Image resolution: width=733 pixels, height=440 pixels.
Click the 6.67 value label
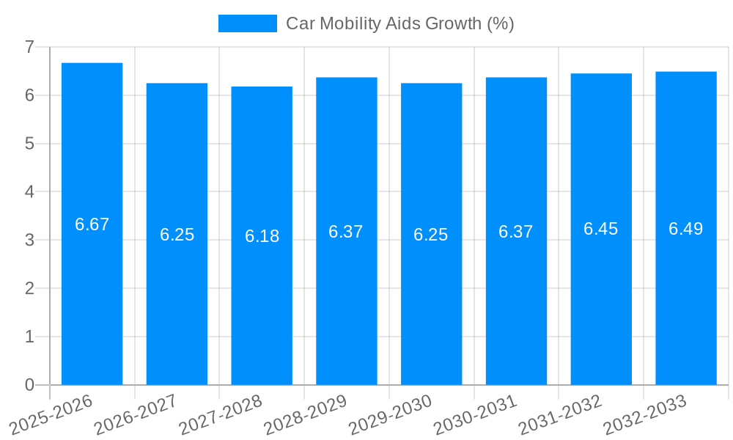pos(92,224)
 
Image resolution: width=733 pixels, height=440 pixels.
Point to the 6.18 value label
pos(262,236)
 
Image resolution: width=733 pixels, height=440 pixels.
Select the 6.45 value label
pos(601,229)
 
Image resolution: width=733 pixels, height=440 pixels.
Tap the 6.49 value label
pos(686,229)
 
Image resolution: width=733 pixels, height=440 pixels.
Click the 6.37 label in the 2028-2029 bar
pos(346,232)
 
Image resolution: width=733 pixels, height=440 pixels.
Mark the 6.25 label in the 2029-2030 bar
pos(431,235)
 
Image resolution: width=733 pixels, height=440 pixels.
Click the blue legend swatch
pos(248,23)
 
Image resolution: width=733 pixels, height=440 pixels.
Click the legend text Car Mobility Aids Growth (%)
pos(400,23)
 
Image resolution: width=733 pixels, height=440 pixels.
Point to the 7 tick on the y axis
pos(29,47)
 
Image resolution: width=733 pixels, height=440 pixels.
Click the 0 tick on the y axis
pos(29,385)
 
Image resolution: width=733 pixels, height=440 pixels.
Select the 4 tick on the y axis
pos(29,192)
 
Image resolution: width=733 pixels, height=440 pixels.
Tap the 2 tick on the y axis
pos(29,288)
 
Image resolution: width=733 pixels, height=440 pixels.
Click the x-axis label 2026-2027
pos(136,414)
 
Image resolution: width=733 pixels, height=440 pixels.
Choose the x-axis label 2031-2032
pos(561,414)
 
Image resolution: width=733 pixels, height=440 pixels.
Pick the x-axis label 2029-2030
pos(391,414)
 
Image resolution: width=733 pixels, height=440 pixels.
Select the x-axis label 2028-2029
pos(306,414)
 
